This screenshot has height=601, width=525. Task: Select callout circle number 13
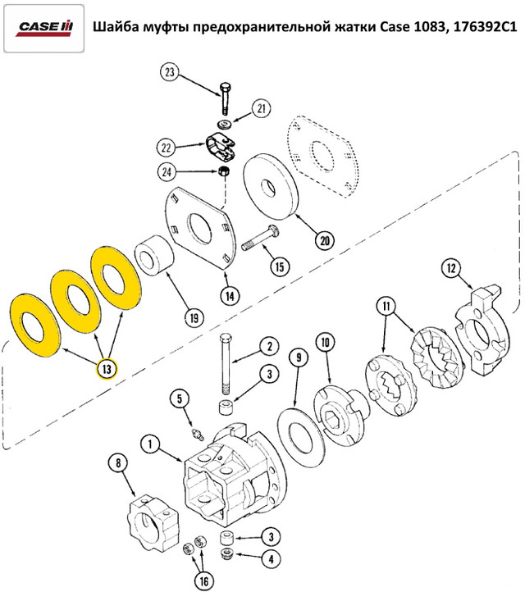click(107, 369)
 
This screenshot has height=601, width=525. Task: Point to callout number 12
click(450, 267)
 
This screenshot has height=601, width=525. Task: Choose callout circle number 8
click(121, 464)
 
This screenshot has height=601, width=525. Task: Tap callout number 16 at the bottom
click(202, 581)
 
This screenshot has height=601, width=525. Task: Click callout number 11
click(385, 307)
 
